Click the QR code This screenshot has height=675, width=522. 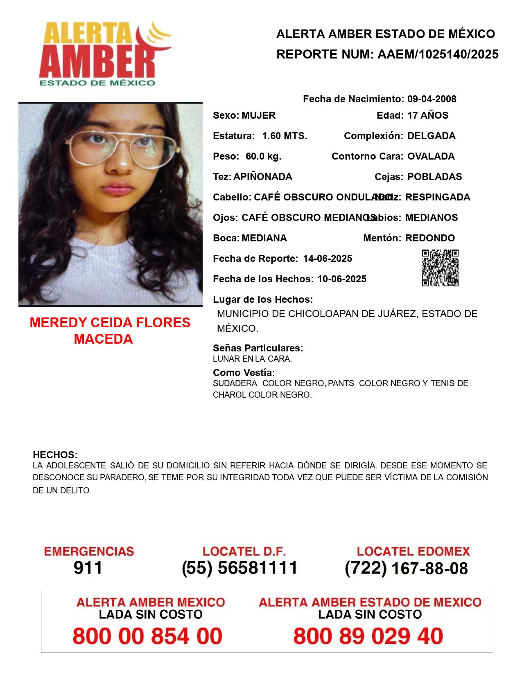440,268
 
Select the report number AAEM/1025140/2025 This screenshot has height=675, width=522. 438,54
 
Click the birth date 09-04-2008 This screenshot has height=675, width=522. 432,99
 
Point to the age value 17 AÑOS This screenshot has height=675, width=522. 427,115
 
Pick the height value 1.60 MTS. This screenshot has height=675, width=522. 285,136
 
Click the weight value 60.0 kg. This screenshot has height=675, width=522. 263,156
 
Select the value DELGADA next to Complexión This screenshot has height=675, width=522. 431,136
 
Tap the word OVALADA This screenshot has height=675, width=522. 431,156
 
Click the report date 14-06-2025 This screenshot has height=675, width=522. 328,259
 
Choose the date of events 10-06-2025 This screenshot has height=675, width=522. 342,279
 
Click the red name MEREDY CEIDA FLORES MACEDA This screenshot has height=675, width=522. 110,331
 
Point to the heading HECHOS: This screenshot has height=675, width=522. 55,455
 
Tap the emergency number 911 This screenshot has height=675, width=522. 88,568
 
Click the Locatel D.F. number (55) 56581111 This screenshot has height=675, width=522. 240,568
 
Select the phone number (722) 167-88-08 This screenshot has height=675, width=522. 406,568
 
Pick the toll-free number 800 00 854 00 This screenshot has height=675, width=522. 147,636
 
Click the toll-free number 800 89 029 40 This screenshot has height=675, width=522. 368,636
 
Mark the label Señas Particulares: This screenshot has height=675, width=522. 258,348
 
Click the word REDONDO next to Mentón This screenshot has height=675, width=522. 430,238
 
